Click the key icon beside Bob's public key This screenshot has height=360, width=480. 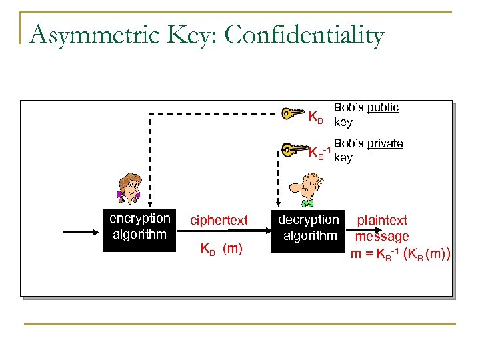[293, 113]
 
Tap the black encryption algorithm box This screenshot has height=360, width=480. [139, 226]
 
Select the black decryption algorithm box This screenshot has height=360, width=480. [309, 227]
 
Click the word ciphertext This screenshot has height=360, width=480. [219, 220]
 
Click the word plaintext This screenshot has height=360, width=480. [382, 220]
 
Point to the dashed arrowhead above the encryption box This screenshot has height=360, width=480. [149, 204]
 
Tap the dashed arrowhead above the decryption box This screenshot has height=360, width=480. [276, 204]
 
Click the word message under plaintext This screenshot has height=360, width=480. [382, 236]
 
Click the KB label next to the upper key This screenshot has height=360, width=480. [315, 119]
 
